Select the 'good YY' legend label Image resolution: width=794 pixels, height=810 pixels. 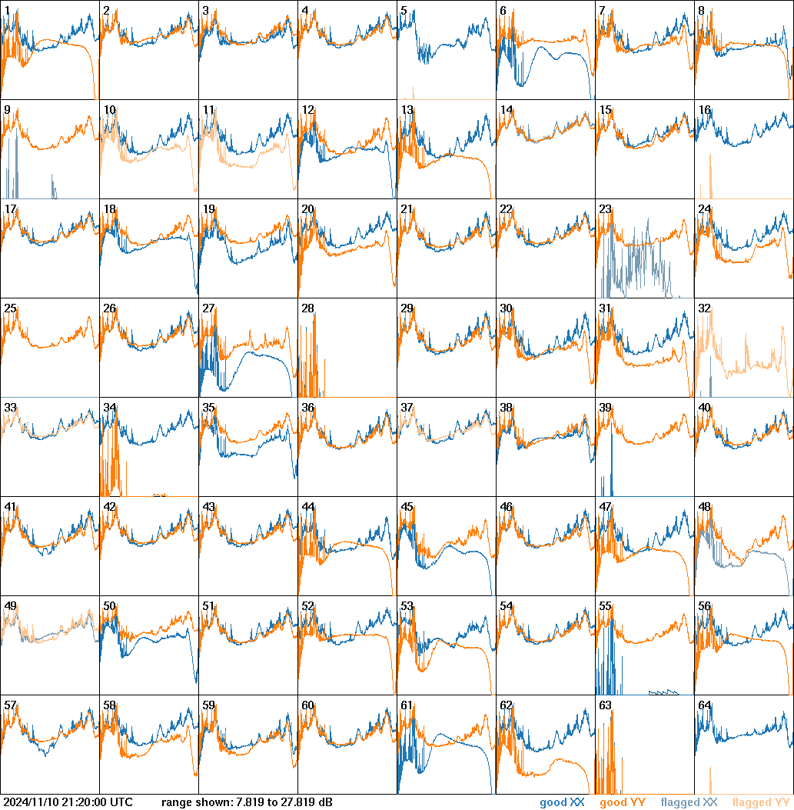tap(622, 802)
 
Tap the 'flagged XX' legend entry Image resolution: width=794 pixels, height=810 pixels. tap(689, 802)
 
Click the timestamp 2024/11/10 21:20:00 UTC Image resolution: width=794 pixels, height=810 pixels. tap(68, 802)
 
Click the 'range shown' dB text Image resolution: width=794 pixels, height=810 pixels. tap(247, 802)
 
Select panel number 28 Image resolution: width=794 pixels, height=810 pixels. tap(307, 308)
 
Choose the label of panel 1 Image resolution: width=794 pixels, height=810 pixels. tap(7, 11)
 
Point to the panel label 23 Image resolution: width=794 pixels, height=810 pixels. tap(605, 209)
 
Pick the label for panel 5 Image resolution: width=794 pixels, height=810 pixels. tap(404, 11)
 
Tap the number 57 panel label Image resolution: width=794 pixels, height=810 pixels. tap(10, 705)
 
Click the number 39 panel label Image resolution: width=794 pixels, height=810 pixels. tap(605, 408)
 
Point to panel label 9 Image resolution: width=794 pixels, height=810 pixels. tap(7, 110)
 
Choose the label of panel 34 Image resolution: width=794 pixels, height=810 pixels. tap(109, 408)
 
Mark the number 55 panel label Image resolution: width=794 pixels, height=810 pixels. tap(605, 606)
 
